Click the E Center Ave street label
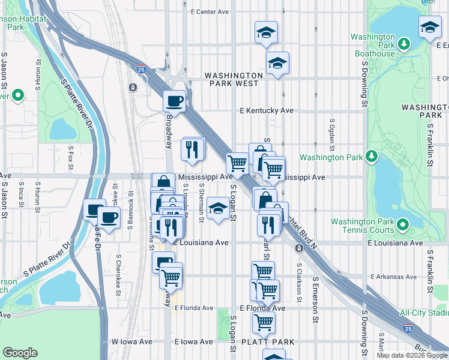pos(210,11)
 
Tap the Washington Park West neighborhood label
pos(234,79)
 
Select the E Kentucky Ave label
pos(267,111)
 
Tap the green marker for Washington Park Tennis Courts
pos(402,226)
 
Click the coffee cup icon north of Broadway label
pos(175,100)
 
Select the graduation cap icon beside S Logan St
pos(217,209)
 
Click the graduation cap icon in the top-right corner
pos(430,27)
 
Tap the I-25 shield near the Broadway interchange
pos(141,68)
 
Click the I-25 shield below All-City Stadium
pos(408,328)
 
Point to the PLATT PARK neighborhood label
pos(268,342)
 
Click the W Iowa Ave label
pos(131,341)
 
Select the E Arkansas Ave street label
pos(393,277)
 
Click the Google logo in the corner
pos(20,353)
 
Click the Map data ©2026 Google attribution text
pos(411,355)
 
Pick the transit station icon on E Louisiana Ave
pos(298,248)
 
